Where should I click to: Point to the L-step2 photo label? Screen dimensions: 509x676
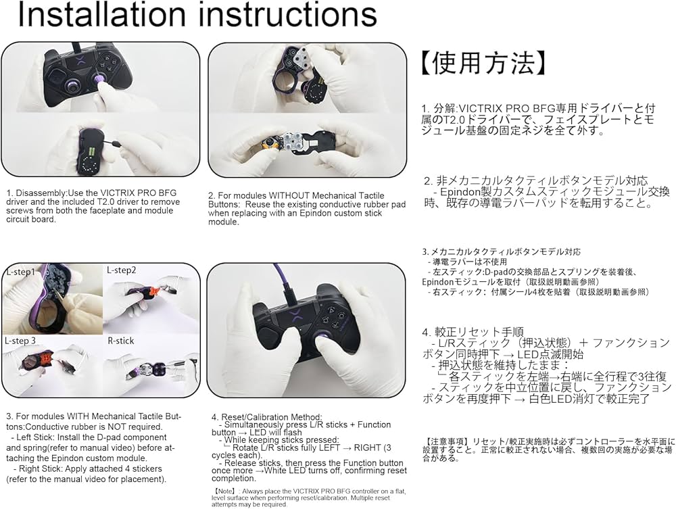pos(121,270)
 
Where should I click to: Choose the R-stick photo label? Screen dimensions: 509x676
pos(122,341)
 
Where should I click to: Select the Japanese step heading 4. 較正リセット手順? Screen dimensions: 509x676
pos(473,332)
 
